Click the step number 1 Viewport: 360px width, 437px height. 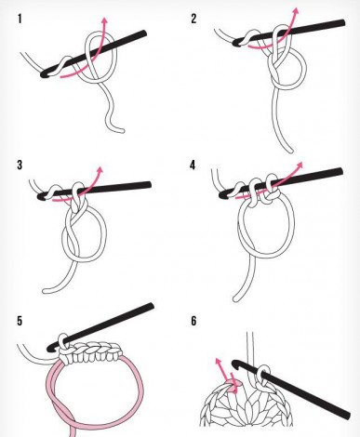20,19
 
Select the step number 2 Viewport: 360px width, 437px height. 193,19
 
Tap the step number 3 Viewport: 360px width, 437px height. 20,165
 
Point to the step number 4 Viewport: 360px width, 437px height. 193,165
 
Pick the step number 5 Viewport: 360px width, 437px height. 20,321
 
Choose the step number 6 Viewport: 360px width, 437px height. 193,321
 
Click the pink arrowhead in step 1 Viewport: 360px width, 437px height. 105,20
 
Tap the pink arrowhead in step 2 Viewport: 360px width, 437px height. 296,10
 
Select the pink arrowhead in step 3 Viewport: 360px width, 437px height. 100,169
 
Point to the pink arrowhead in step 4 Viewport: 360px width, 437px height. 300,165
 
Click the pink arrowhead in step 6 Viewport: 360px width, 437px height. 219,361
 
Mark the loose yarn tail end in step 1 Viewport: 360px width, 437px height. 123,131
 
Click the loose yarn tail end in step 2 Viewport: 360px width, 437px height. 290,151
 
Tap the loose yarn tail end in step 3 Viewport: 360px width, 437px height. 45,291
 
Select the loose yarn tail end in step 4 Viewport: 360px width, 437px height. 235,299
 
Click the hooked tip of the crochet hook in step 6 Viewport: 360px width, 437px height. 234,363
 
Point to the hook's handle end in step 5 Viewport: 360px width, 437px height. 152,306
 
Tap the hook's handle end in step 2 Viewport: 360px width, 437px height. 342,22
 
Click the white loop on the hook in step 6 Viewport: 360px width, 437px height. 263,376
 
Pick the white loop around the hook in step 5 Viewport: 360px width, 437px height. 63,341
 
